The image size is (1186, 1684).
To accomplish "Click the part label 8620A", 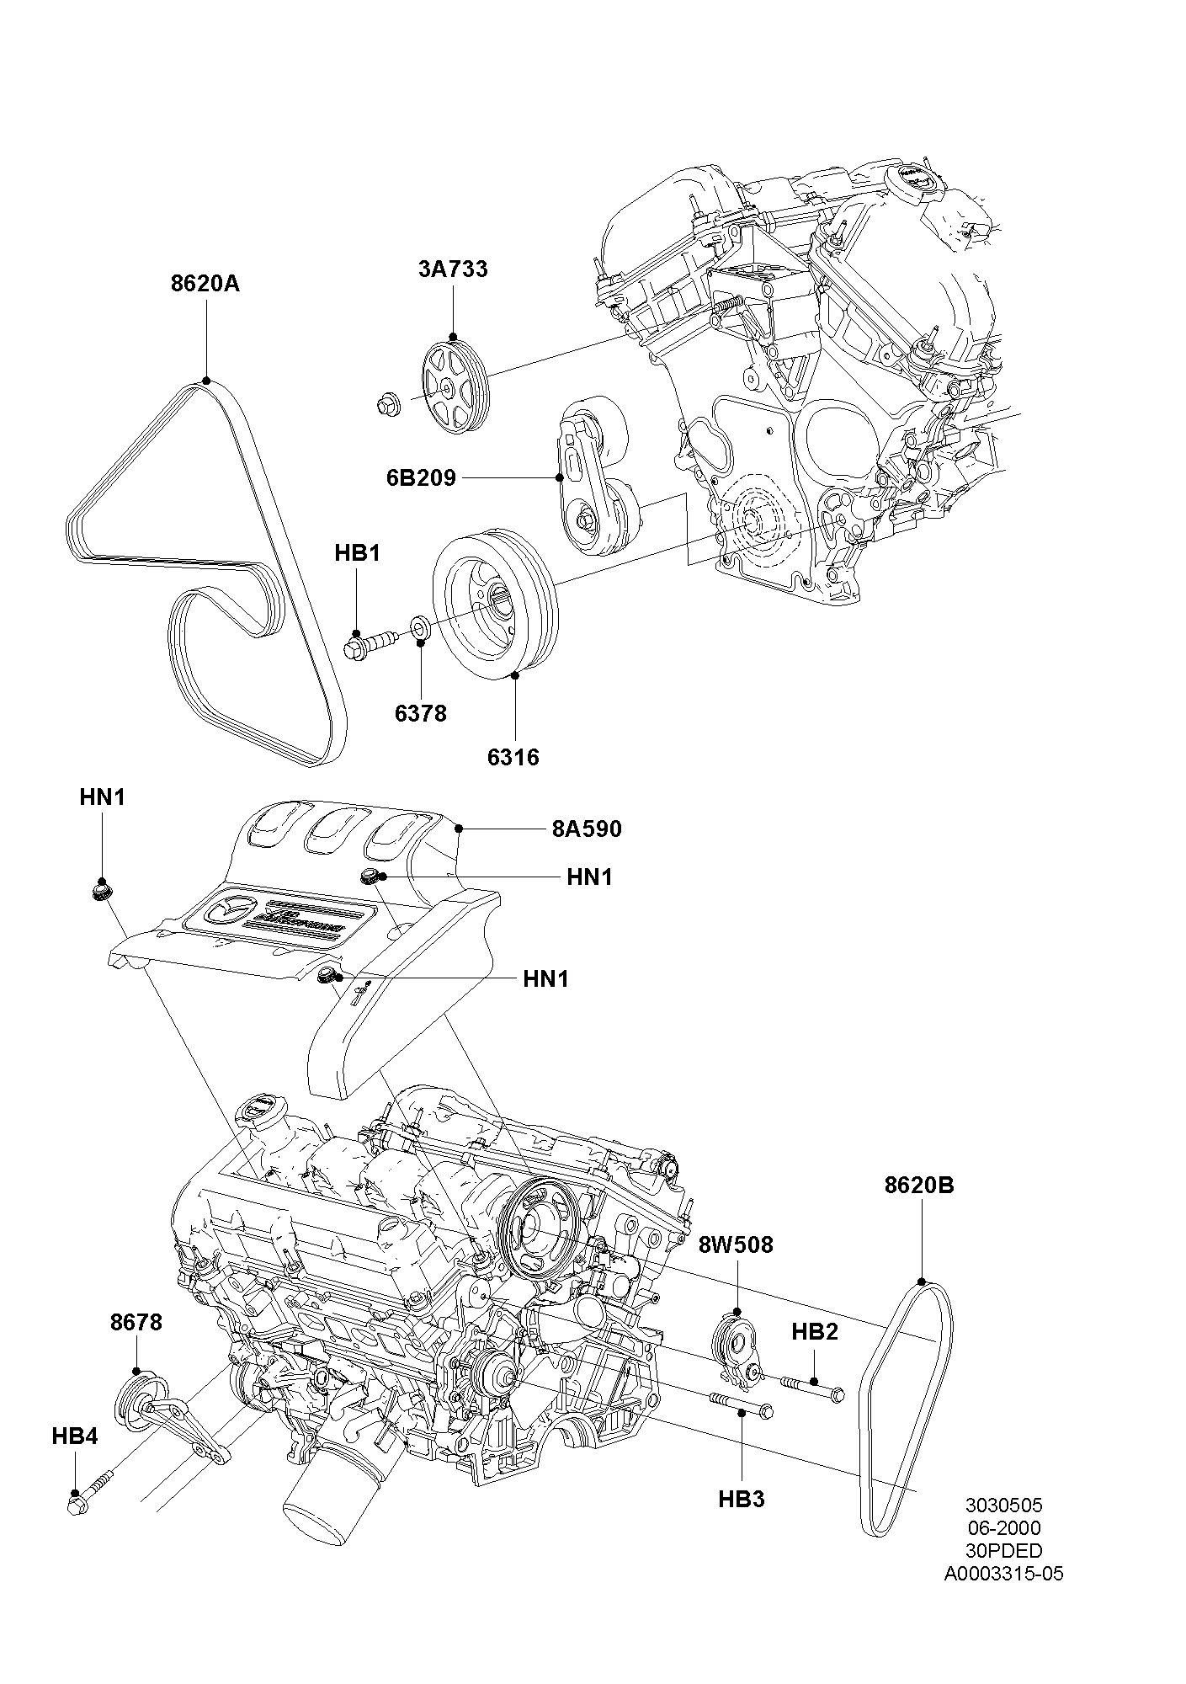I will (205, 284).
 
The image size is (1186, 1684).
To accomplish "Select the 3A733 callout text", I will (453, 269).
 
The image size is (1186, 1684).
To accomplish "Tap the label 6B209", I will (421, 478).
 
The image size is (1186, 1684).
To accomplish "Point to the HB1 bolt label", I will (357, 553).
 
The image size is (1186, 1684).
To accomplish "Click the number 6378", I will (421, 713).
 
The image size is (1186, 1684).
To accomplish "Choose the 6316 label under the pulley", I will (513, 757).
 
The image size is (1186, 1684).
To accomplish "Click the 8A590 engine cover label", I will (587, 829).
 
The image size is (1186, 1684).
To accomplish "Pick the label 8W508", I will (736, 1244).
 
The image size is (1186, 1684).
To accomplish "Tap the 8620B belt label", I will (919, 1185).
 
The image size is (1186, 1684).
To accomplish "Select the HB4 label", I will (75, 1436).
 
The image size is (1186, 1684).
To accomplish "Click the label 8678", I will (136, 1322).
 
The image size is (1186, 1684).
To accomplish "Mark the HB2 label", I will (815, 1332).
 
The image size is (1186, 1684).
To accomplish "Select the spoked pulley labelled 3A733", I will (454, 386).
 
